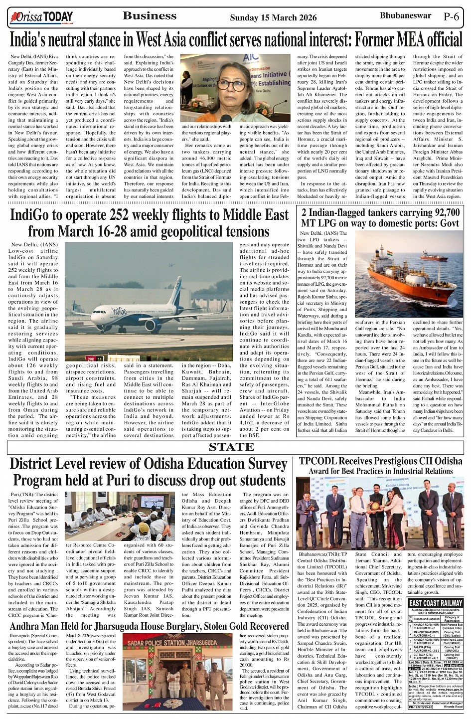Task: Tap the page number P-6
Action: coord(451,16)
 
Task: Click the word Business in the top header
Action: coord(150,16)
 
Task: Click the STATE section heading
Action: coord(232,447)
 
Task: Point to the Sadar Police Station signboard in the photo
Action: coord(177,643)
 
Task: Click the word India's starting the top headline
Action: coord(30,39)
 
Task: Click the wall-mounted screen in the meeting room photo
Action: coord(151,501)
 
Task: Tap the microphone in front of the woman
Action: coord(226,119)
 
